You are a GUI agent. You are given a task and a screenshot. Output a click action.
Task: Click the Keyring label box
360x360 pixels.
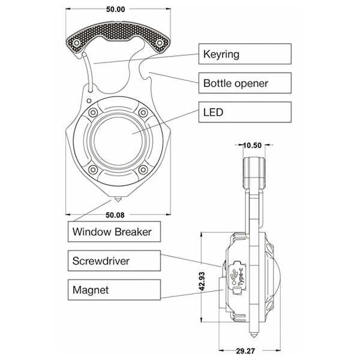point(245,55)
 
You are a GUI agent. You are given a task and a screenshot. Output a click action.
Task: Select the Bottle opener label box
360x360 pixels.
point(245,82)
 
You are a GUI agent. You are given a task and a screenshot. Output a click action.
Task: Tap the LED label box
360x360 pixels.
point(245,112)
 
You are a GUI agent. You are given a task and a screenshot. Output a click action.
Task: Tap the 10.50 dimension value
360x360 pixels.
point(253,145)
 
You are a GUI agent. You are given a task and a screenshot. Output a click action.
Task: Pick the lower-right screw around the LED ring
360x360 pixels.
point(143,170)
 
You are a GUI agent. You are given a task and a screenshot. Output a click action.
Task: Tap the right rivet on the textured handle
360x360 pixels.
point(159,43)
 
